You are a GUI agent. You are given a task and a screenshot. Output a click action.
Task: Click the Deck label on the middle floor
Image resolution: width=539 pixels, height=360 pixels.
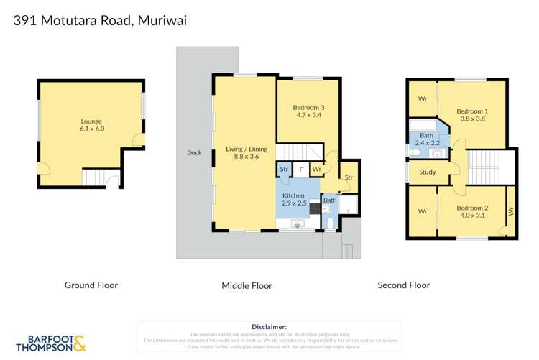pos(194,152)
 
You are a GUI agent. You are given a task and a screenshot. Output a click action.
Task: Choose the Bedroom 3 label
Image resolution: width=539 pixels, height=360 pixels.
pos(308,111)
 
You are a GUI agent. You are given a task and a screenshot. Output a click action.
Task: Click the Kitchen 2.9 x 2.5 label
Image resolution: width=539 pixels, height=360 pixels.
pos(293,200)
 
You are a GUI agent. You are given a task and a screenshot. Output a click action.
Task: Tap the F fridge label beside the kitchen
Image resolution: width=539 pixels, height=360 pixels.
pos(301,170)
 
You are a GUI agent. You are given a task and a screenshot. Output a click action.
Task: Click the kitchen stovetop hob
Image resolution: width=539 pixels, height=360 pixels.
pos(314,208)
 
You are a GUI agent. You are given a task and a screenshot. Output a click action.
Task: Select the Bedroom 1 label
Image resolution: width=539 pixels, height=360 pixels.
pos(471,115)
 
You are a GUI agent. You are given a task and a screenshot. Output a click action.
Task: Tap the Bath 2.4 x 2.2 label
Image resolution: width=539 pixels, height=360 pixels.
pos(426,139)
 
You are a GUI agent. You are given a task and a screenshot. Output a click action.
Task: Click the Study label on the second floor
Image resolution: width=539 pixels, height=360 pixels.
pos(427,172)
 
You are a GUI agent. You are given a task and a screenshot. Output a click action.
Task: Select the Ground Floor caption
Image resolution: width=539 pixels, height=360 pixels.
pos(91,285)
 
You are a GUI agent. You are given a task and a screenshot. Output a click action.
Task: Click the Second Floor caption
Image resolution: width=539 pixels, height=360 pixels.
pos(404,285)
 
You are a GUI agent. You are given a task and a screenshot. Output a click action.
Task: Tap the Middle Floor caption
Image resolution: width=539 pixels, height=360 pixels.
pos(247,285)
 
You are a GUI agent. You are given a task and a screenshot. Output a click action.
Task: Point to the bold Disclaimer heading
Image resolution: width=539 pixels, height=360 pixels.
pos(269,326)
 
